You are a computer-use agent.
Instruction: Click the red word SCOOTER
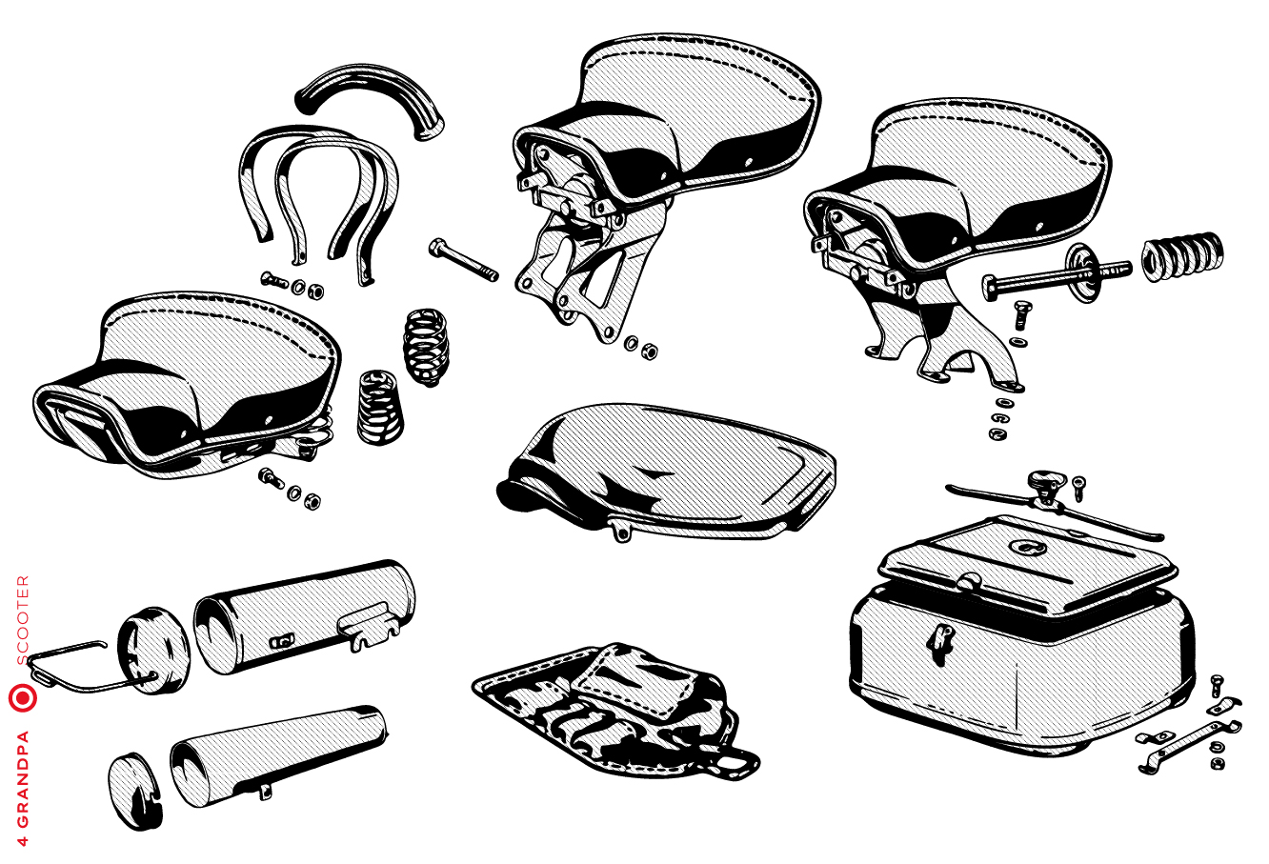23,621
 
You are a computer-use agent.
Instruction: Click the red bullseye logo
23,698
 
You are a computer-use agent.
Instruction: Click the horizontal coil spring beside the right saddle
1182,256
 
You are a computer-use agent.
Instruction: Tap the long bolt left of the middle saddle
463,261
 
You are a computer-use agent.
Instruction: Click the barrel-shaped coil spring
426,348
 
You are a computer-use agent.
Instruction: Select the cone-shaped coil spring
379,407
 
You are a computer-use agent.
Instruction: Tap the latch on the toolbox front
940,642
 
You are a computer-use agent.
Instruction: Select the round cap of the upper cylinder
153,652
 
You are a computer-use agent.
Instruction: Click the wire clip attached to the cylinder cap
85,669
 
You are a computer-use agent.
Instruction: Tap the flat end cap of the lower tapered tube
135,792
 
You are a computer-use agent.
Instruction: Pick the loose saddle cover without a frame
666,472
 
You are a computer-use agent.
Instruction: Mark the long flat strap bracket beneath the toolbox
1190,746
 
